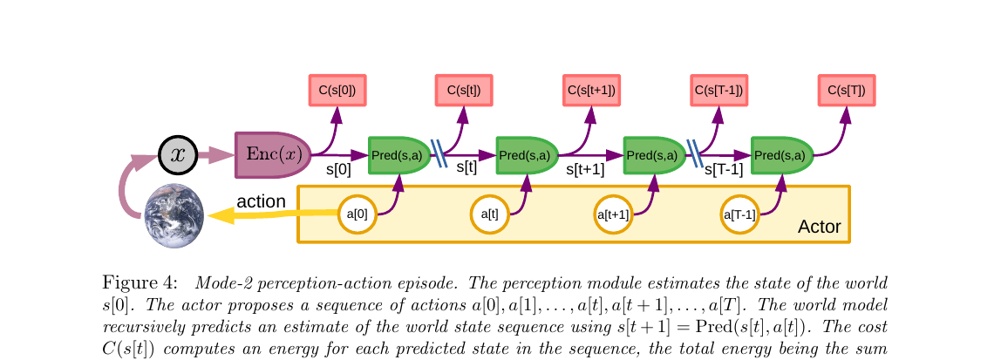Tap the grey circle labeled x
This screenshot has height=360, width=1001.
coord(178,155)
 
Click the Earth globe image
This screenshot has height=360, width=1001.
coord(174,214)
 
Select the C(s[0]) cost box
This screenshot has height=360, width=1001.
coord(337,91)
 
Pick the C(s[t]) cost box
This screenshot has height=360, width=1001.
coord(464,91)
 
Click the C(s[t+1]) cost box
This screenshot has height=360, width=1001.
coord(591,91)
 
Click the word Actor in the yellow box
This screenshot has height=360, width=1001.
coord(819,228)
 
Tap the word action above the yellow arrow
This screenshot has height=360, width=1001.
coord(261,201)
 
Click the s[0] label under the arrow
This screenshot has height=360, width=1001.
coord(338,170)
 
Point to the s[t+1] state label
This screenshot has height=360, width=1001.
coord(585,170)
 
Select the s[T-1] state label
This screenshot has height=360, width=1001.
coord(723,170)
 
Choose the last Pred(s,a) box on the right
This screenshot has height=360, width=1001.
coord(782,155)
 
